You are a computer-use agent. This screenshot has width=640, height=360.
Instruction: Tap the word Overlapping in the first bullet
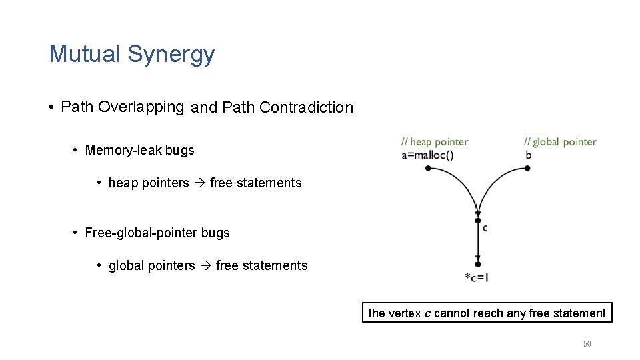[141, 107]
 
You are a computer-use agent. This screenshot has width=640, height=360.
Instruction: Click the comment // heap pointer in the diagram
[435, 142]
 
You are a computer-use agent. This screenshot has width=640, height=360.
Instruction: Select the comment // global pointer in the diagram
[560, 142]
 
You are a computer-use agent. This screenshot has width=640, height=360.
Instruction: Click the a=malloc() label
[427, 155]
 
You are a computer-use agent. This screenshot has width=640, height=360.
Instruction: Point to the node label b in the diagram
[529, 155]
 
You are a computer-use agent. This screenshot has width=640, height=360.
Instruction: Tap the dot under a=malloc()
[428, 169]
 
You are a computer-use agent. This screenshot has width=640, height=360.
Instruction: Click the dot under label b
[527, 169]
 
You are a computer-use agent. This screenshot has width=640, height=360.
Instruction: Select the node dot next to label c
[478, 220]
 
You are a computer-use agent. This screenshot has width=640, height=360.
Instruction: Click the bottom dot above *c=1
[478, 264]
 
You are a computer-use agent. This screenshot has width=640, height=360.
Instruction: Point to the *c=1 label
[477, 277]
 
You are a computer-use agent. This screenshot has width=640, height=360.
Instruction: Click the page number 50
[587, 344]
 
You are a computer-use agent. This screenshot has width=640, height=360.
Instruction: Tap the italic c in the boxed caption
[427, 313]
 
